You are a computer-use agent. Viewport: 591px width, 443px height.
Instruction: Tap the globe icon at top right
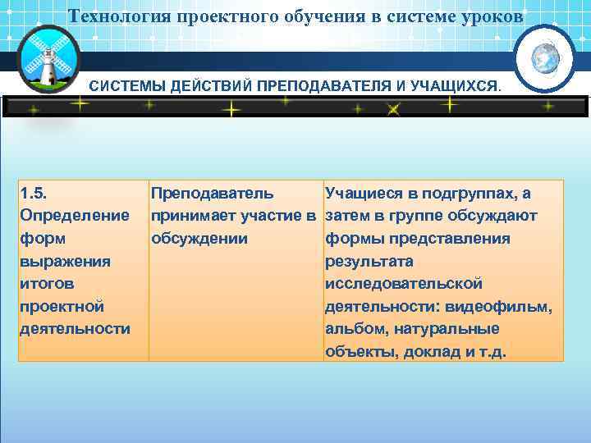[x=544, y=58]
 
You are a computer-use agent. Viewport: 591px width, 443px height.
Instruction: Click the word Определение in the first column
[x=75, y=216]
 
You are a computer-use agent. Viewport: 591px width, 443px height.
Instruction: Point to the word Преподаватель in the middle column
[x=211, y=194]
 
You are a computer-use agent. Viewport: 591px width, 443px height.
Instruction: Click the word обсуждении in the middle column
[x=198, y=239]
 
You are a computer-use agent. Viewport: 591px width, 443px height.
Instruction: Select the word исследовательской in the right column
[x=404, y=284]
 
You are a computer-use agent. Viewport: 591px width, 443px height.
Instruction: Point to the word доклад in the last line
[x=428, y=352]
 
